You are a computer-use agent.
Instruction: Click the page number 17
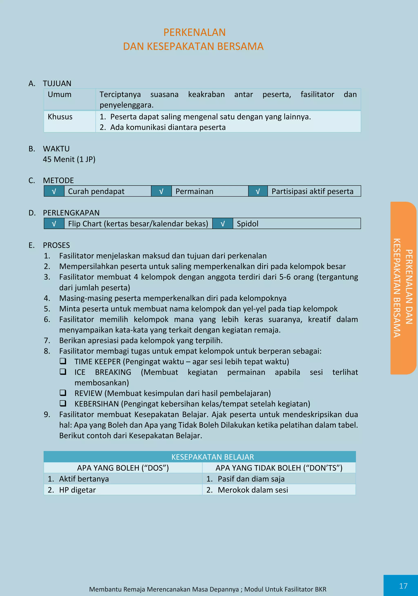[403, 586]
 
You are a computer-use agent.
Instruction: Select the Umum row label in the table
[59, 95]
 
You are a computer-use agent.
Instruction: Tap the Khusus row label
[60, 117]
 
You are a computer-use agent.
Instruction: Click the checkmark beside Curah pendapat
[54, 191]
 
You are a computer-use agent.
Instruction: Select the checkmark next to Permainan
[161, 191]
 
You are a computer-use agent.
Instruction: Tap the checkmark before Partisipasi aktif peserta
[258, 191]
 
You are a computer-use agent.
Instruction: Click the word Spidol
[247, 224]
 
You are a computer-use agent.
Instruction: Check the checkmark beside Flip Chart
[54, 224]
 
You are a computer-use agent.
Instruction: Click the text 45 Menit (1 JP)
[69, 159]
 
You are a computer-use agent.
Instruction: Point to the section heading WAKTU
[56, 149]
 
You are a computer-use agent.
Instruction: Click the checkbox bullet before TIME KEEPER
[63, 361]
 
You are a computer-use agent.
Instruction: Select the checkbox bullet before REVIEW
[63, 393]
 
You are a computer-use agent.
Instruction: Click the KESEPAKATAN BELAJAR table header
[212, 457]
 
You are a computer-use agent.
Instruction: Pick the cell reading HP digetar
[77, 490]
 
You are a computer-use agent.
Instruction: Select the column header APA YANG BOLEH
[123, 468]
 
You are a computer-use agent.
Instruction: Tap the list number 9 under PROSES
[47, 415]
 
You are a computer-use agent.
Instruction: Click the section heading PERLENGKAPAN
[71, 213]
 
